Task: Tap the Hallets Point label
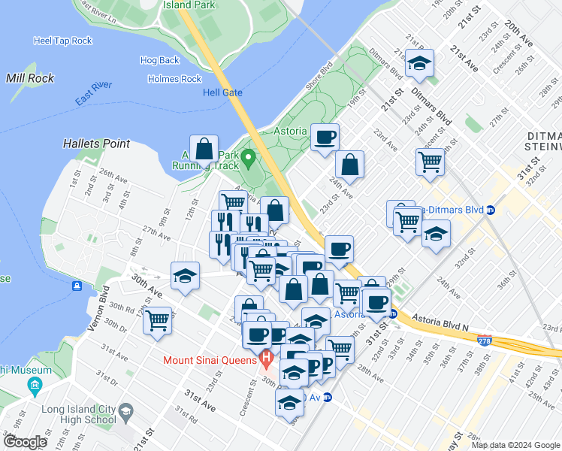tap(96, 144)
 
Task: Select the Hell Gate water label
tap(222, 92)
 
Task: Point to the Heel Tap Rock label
tap(62, 41)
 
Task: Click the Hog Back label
tap(159, 60)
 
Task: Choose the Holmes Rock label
tap(174, 79)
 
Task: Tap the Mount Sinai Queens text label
tap(211, 359)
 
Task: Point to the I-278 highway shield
tap(485, 340)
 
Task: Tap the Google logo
tap(26, 442)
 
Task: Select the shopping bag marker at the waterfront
tap(204, 150)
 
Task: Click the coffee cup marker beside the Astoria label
tap(325, 138)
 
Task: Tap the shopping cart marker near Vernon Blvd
tap(157, 320)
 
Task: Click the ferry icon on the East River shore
tap(77, 286)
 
